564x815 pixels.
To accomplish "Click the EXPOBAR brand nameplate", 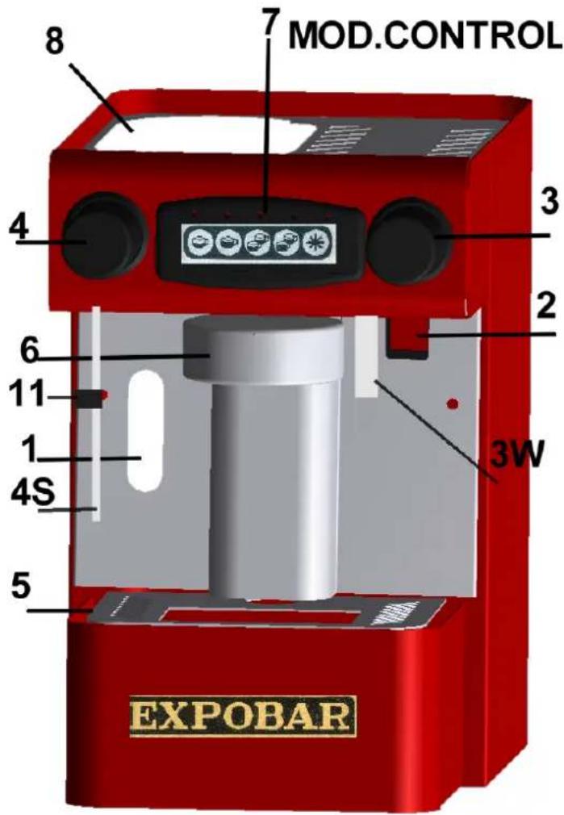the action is point(244,717).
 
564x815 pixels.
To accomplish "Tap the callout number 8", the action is point(56,43).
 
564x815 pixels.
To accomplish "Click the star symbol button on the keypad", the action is point(315,243).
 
